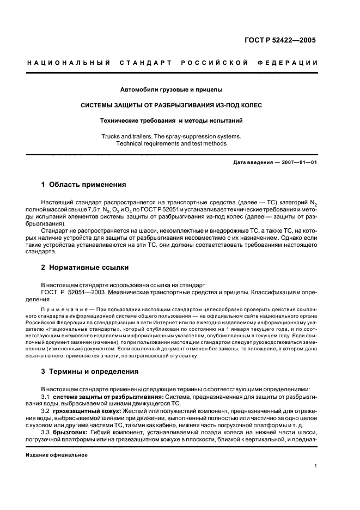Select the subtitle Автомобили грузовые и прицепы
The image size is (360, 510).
pos(172,89)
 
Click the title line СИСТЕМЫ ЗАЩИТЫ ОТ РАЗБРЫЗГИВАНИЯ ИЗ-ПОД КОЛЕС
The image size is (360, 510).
pos(172,104)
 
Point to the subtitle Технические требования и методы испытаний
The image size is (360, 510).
pos(172,119)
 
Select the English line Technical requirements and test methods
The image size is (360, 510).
pos(172,144)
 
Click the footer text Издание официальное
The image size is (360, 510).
pos(57,456)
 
